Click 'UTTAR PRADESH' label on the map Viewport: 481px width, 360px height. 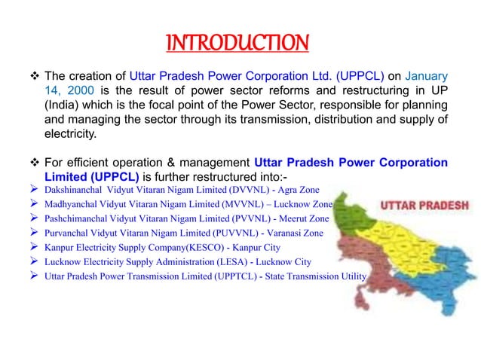coord(426,205)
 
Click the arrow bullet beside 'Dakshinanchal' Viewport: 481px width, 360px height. coord(32,191)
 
